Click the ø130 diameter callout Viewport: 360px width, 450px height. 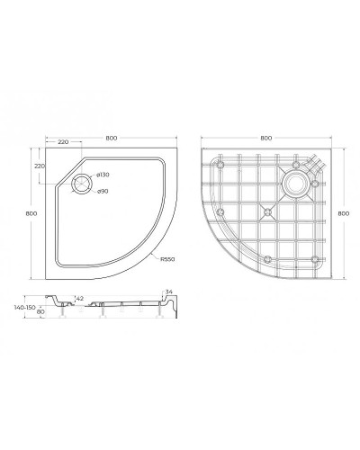(x=103, y=174)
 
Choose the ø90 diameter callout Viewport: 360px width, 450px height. (x=103, y=192)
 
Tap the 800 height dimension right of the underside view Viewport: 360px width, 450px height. (x=342, y=212)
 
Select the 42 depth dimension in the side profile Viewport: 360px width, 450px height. (x=80, y=299)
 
